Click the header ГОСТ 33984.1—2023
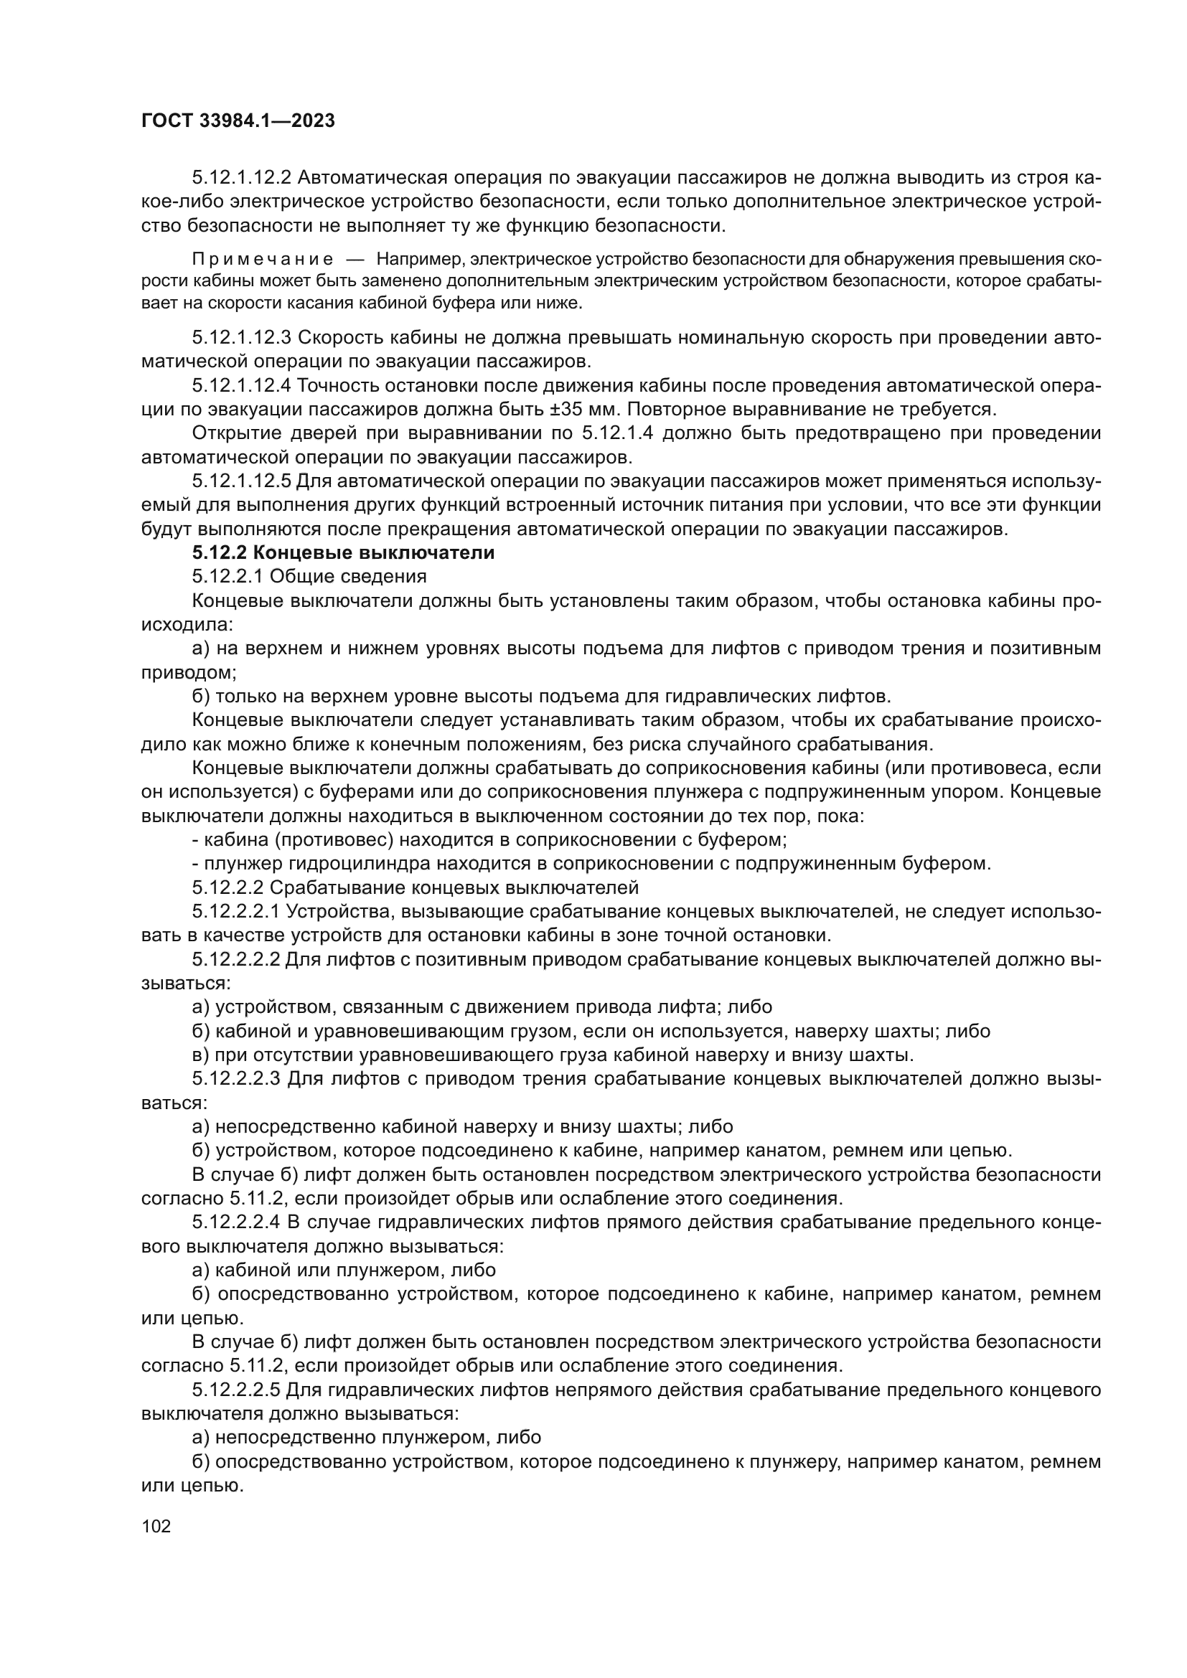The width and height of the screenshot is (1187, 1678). pos(238,121)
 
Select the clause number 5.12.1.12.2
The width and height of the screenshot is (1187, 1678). pos(241,178)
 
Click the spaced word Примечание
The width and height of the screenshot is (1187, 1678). pos(263,260)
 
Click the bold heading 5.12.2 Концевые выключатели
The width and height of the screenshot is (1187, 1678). pos(343,552)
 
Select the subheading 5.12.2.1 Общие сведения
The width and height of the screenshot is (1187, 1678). pos(309,577)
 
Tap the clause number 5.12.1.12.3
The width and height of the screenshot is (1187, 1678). pos(241,338)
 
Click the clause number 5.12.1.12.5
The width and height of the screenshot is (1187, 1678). pos(241,481)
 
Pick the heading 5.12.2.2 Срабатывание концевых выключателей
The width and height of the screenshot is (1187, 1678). pos(415,888)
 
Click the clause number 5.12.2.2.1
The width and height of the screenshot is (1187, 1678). pos(236,912)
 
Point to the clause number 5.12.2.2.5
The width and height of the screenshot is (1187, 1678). pos(236,1390)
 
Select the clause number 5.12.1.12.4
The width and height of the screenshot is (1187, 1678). pos(241,385)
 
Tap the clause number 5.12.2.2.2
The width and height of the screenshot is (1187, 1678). pos(236,960)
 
